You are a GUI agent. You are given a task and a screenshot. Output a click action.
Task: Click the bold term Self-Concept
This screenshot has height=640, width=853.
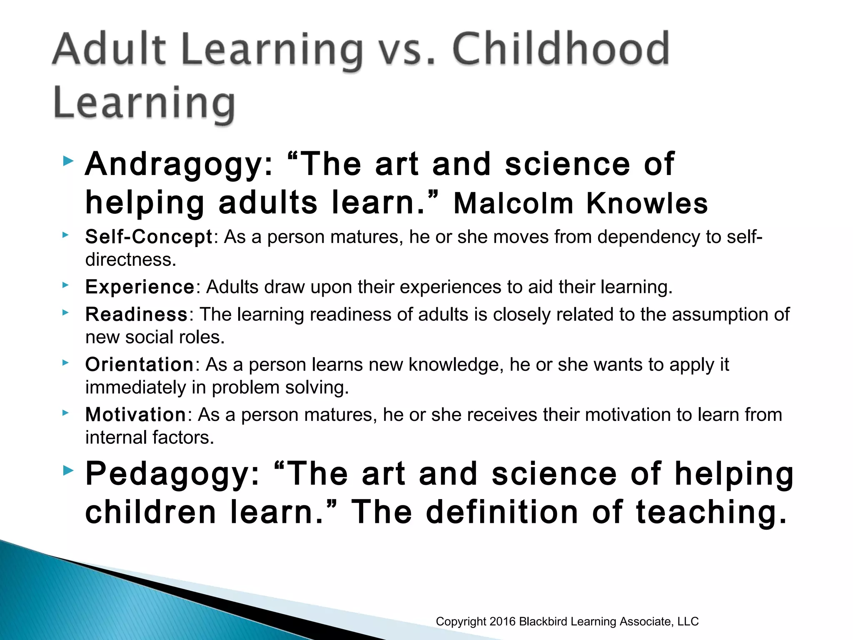click(x=149, y=237)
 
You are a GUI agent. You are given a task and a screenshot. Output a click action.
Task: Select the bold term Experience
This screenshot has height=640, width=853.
click(x=140, y=287)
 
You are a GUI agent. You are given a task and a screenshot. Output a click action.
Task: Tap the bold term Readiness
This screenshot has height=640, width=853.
click(x=137, y=315)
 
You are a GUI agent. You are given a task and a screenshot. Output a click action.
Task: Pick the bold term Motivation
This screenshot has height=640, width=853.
click(x=136, y=415)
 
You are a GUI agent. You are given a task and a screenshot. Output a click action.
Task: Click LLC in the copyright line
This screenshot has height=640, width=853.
click(x=688, y=622)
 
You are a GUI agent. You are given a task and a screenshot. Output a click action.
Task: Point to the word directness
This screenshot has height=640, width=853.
click(x=130, y=260)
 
